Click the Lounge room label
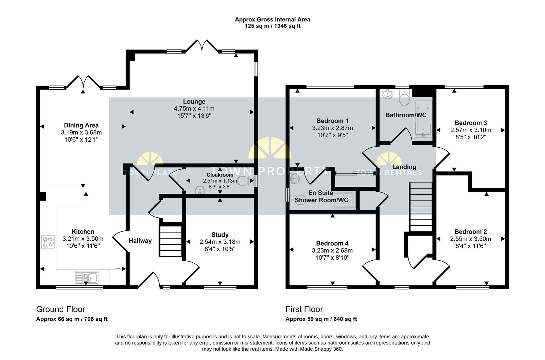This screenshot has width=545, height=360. (194, 102)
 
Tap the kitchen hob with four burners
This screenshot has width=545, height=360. (48, 242)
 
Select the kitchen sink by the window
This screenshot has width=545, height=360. (86, 278)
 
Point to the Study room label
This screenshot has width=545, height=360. (220, 235)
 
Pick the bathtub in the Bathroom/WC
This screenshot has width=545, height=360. (423, 119)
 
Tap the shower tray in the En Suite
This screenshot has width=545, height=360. (344, 200)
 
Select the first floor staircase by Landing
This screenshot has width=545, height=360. (421, 207)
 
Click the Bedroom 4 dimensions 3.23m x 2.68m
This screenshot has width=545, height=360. (332, 250)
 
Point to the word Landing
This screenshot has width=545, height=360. (404, 167)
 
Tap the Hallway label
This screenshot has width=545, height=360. (140, 241)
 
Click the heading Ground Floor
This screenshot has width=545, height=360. (61, 309)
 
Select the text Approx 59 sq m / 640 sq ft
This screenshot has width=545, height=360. (321, 319)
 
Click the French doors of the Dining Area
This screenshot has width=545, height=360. (83, 82)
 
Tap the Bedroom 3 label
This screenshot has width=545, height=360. (471, 123)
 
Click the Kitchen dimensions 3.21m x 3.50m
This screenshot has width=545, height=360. (83, 239)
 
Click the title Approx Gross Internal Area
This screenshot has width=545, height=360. (272, 19)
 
